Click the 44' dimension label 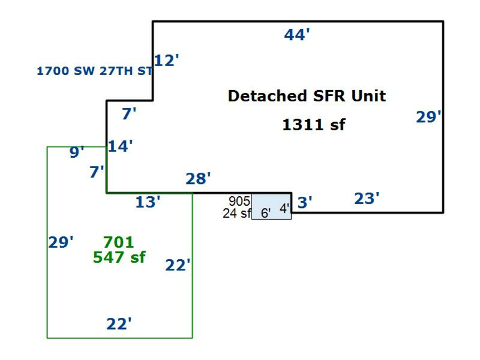[x=297, y=35]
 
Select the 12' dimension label [x=166, y=61]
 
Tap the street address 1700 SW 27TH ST [x=95, y=71]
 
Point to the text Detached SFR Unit [x=307, y=97]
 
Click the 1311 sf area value [x=313, y=125]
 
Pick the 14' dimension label [x=120, y=147]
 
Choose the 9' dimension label [x=77, y=153]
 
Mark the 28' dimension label [x=198, y=179]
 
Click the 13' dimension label [x=148, y=202]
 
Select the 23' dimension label [x=367, y=199]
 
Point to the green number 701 [x=118, y=243]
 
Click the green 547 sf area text [x=119, y=257]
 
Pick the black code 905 [x=239, y=201]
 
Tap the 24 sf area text [x=237, y=213]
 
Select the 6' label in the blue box [x=266, y=213]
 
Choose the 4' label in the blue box [x=284, y=209]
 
